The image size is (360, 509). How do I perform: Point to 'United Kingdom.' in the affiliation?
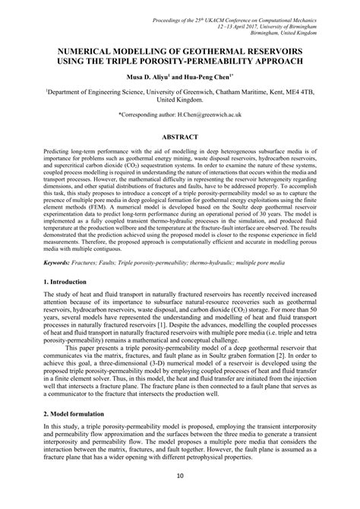pyautogui.click(x=180, y=99)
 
